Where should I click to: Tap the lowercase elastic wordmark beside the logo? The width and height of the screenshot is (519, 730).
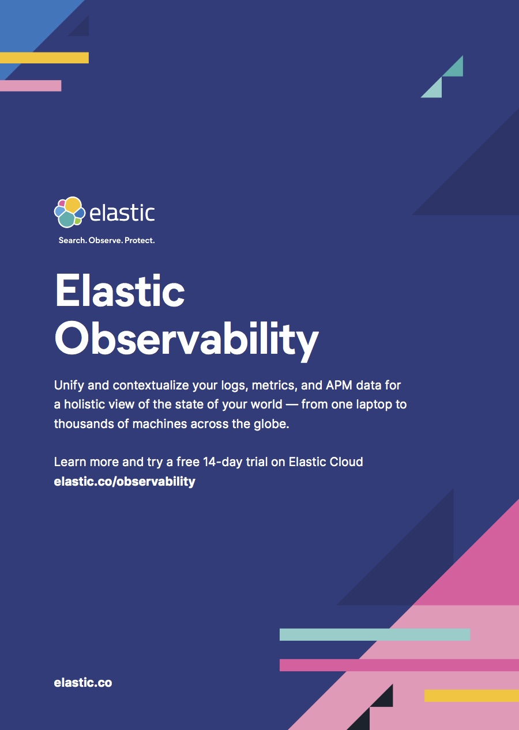[x=122, y=212]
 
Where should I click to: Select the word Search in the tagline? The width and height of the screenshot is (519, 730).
[x=72, y=240]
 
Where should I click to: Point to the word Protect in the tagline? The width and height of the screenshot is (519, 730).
[x=140, y=240]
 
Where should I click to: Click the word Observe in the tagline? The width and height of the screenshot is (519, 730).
[x=106, y=240]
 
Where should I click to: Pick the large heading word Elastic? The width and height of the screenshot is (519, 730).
[x=120, y=291]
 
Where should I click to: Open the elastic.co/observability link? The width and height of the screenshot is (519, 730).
[x=125, y=481]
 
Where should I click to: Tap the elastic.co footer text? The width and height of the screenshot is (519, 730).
[x=83, y=683]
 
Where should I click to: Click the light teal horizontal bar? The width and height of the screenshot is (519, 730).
[x=375, y=634]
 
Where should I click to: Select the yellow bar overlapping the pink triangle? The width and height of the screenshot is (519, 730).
[x=471, y=695]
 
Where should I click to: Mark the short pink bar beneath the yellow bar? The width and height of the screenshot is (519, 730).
[x=31, y=85]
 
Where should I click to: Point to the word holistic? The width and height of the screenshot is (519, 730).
[x=86, y=404]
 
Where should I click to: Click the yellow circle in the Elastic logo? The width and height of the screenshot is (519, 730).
[x=73, y=204]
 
